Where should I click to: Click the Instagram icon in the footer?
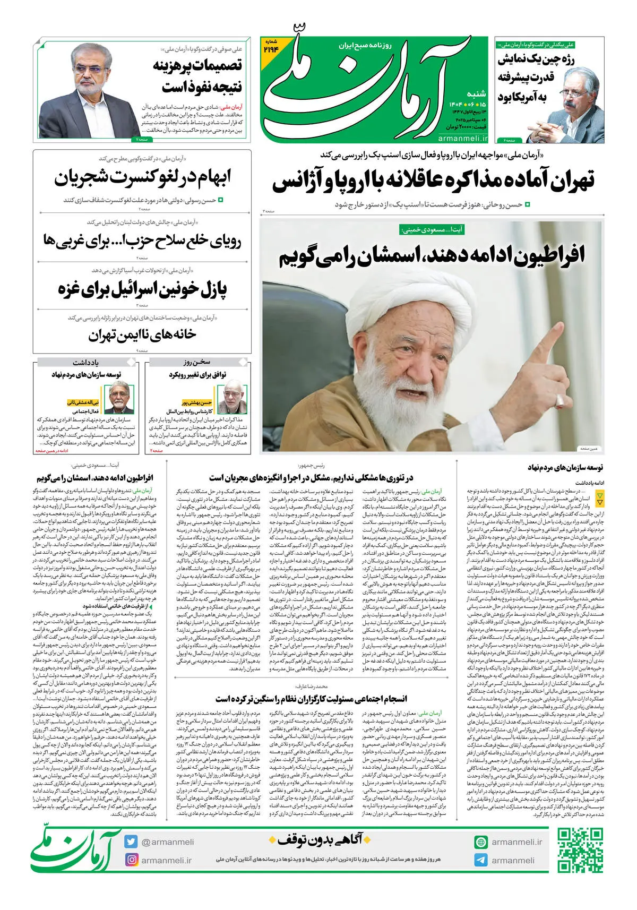(131, 860)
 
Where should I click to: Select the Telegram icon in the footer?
(481, 860)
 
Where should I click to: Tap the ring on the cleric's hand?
(558, 405)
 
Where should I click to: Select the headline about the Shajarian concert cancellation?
(142, 179)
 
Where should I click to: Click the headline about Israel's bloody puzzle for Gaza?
(142, 289)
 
